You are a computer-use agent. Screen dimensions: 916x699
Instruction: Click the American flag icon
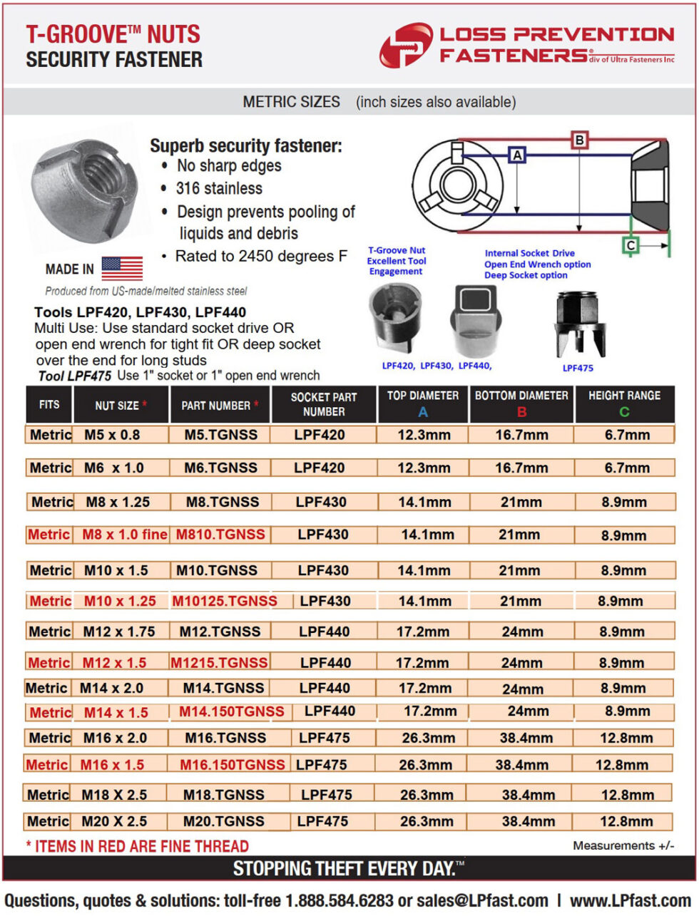click(122, 268)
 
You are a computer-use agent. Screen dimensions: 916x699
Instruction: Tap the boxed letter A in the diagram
click(517, 155)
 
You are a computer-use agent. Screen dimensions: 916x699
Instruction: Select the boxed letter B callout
click(580, 140)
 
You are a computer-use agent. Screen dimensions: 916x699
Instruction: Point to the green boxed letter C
click(631, 245)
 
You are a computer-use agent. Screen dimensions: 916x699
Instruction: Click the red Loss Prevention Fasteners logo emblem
click(405, 45)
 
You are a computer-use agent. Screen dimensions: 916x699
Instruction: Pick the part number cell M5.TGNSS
click(220, 435)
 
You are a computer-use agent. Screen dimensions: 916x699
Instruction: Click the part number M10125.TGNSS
click(225, 601)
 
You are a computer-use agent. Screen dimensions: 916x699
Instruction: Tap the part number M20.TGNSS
click(223, 821)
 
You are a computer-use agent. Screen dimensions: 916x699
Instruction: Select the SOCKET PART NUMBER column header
click(324, 404)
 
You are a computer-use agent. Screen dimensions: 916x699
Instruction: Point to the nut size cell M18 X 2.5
click(114, 794)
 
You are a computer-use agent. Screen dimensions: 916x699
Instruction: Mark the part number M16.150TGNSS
click(232, 765)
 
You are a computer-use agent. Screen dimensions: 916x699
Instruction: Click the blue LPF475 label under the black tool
click(578, 368)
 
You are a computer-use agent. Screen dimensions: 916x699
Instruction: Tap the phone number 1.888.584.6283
click(340, 901)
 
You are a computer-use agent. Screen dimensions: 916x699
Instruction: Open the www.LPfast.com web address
click(631, 901)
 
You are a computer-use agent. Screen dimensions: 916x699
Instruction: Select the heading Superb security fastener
click(245, 146)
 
